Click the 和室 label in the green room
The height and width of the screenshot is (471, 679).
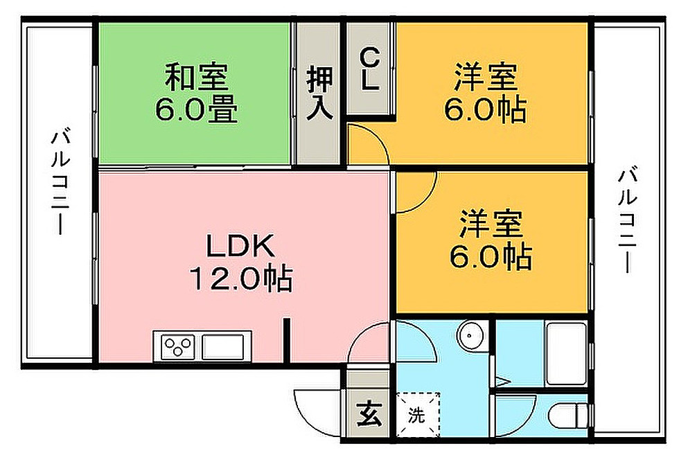coord(195,77)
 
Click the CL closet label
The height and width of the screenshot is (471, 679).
coord(370,69)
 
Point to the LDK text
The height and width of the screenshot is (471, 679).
coord(240,246)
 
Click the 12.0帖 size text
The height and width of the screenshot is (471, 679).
coord(240,279)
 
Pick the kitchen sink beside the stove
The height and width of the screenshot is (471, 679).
coord(222,345)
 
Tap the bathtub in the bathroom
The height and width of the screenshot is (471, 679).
coord(567,355)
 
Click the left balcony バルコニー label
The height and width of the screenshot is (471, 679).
coord(60,184)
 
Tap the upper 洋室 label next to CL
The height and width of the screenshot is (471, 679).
coord(486,77)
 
